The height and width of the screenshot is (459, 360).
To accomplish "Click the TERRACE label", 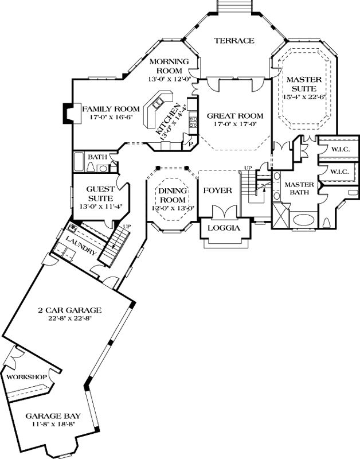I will tap(234, 41).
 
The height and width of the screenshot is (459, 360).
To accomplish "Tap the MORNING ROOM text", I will tap(170, 66).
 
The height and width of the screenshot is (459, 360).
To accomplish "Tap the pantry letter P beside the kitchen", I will tap(190, 144).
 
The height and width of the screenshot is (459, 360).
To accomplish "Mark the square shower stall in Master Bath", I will tap(280, 219).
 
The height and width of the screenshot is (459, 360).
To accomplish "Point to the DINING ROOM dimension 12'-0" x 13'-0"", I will tap(173, 208).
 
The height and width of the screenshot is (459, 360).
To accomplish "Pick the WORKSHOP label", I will tap(26, 376).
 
